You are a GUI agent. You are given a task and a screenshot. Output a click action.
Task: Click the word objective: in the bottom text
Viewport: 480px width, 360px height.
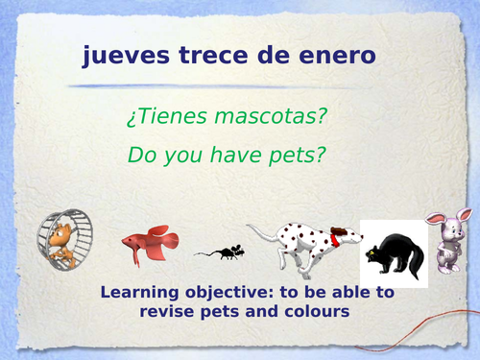click(x=234, y=294)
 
